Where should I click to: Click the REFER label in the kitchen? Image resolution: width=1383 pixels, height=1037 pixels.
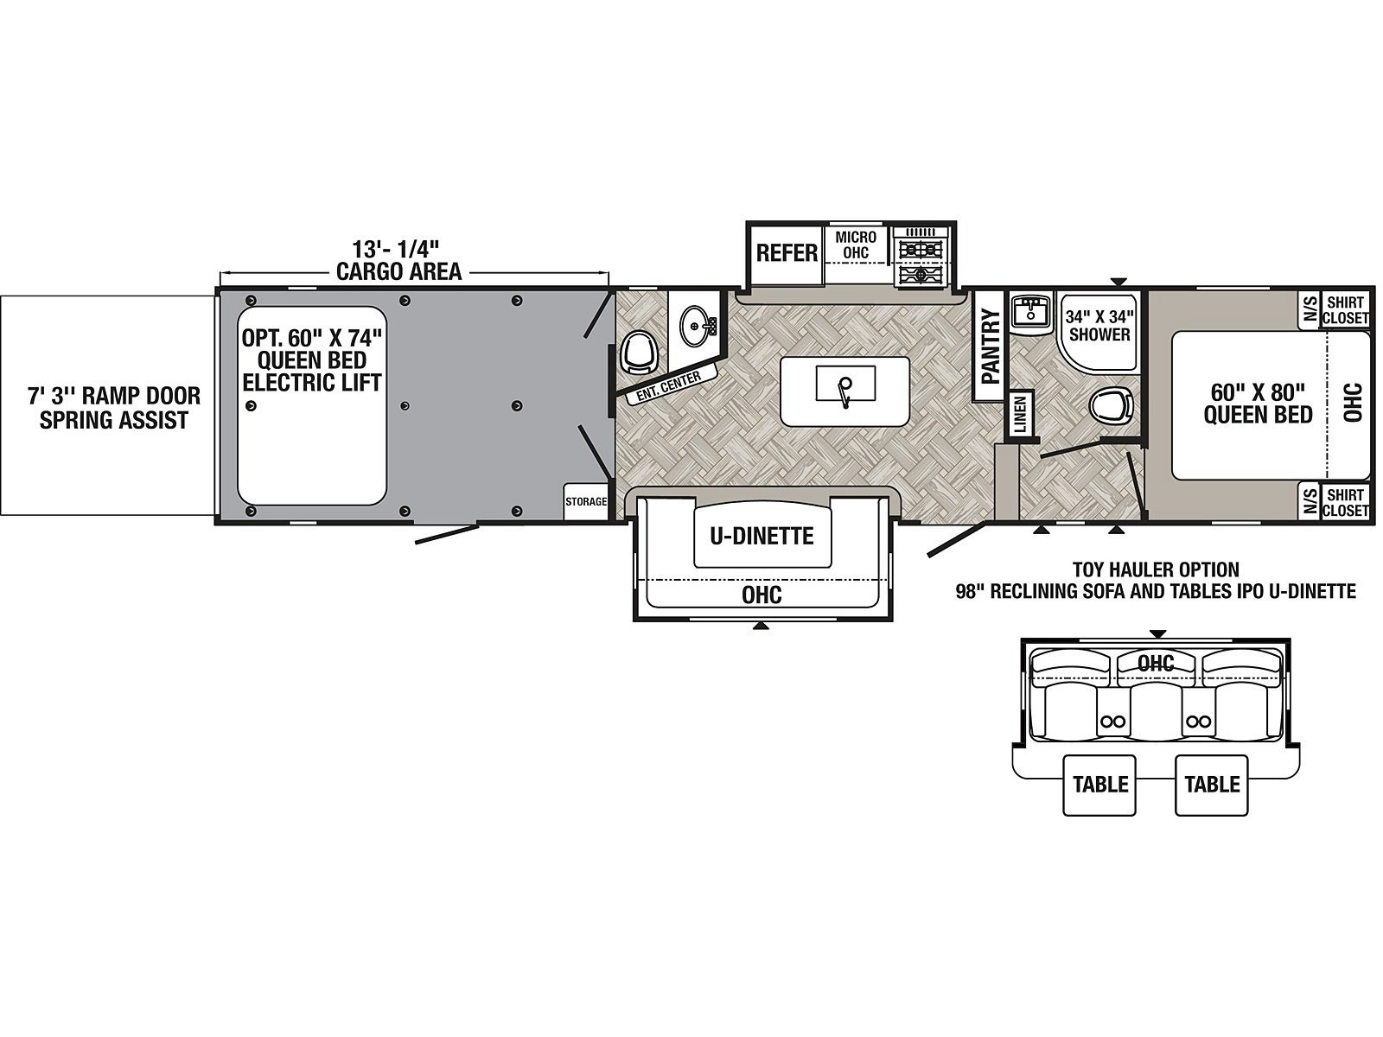point(787,253)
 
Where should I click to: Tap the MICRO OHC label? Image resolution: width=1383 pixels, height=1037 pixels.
point(856,245)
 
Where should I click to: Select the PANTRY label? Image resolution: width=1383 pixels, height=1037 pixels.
point(991,346)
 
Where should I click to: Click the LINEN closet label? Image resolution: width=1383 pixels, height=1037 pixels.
point(1020,414)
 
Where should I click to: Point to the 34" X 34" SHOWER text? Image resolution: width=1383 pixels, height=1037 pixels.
point(1099,325)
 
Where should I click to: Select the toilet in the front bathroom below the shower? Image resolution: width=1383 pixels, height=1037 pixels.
point(1112,404)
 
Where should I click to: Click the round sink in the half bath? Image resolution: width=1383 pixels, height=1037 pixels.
point(694,326)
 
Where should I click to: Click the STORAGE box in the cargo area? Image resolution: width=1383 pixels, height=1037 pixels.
point(586,502)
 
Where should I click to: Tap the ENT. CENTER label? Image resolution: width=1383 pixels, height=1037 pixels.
point(668,387)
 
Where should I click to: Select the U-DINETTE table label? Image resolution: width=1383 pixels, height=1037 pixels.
point(762,536)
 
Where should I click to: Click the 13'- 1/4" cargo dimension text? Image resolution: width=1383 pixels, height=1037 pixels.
point(395,249)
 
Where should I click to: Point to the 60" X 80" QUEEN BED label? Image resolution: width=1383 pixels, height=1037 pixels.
point(1258,404)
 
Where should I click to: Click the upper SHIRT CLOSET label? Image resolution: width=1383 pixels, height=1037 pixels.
point(1345,310)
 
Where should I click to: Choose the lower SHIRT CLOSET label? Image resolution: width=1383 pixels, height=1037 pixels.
point(1345,502)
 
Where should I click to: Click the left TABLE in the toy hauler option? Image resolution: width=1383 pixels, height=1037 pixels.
point(1100,785)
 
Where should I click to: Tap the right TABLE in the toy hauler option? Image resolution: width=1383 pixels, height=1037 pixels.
point(1212,785)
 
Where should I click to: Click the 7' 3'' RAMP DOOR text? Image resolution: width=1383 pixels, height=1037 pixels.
point(114,396)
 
